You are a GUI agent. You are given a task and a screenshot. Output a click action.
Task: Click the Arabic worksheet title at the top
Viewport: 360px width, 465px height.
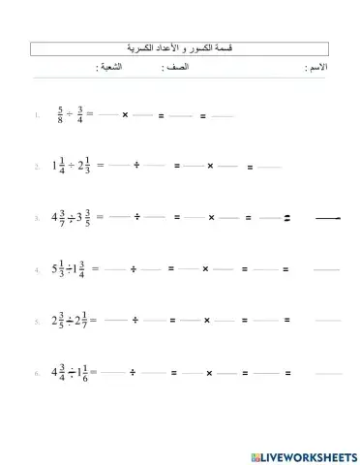point(180,48)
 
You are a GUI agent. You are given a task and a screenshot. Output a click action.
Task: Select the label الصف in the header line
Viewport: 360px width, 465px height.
point(179,68)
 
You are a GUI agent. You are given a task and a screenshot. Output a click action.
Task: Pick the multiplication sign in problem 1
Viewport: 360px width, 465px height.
point(125,116)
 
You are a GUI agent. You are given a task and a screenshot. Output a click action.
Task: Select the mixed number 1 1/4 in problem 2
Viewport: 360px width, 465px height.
point(56,165)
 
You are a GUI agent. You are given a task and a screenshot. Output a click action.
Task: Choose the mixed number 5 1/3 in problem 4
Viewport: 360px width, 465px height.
point(57,268)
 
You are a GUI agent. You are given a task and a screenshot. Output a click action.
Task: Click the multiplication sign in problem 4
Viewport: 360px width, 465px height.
point(205,268)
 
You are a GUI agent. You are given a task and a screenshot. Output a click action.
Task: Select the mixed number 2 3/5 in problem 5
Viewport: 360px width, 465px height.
point(57,319)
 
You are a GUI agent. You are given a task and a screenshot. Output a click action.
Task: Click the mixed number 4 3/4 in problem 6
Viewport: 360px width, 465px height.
point(57,371)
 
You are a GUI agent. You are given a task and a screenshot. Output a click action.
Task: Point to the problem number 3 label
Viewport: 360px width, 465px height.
point(36,218)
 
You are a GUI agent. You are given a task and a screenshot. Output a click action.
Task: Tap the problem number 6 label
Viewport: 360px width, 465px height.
point(36,372)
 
